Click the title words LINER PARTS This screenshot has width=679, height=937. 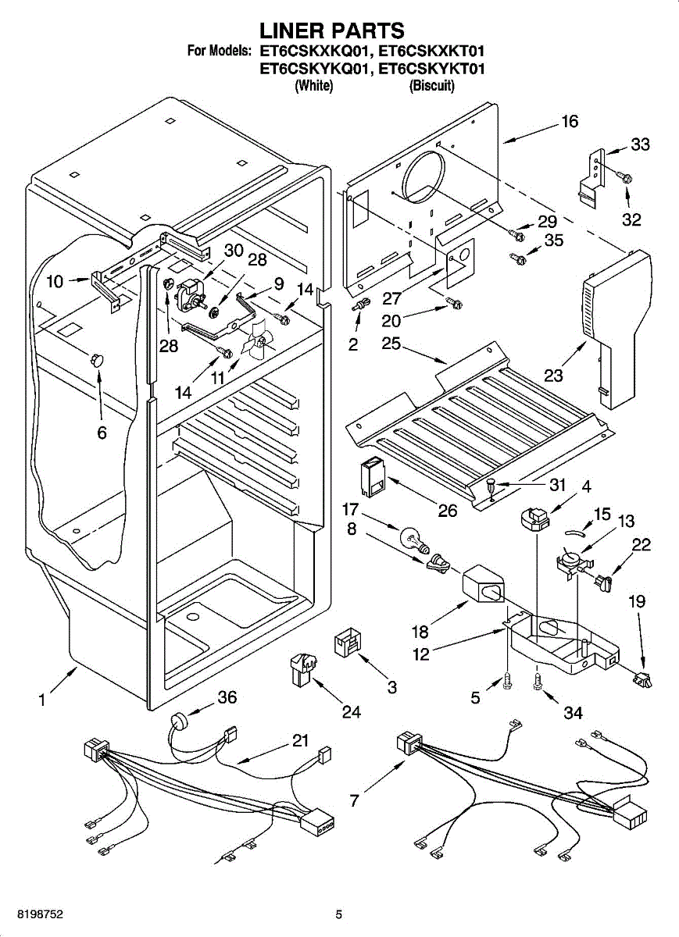click(x=332, y=30)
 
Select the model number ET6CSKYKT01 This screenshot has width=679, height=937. click(x=432, y=69)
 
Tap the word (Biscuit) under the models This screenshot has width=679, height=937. click(x=431, y=87)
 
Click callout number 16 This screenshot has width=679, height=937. click(x=569, y=122)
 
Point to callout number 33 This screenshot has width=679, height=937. click(x=640, y=145)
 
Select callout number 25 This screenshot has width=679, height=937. click(x=391, y=343)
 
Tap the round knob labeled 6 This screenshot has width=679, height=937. click(x=98, y=359)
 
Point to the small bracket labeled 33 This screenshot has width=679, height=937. click(x=591, y=176)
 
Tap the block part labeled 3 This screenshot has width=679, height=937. click(x=348, y=643)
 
